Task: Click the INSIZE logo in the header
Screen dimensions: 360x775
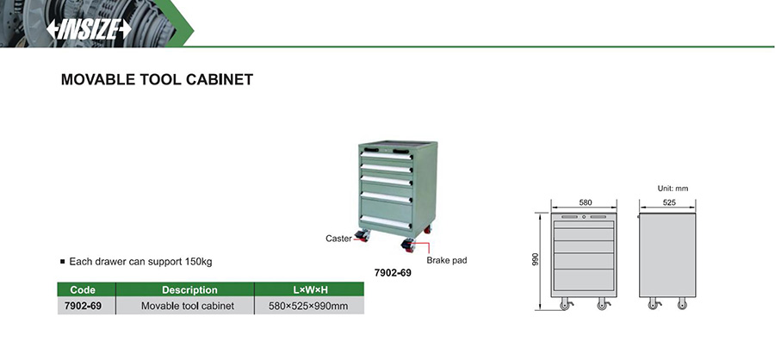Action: pyautogui.click(x=89, y=29)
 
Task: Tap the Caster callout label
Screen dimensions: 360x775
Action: pyautogui.click(x=338, y=239)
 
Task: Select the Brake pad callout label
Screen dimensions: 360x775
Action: pyautogui.click(x=446, y=259)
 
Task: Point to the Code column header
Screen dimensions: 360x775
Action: pyautogui.click(x=83, y=290)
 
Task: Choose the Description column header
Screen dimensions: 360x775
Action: pyautogui.click(x=189, y=290)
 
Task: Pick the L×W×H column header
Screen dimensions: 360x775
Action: pyautogui.click(x=307, y=290)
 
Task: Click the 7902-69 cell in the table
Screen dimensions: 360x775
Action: pyautogui.click(x=83, y=306)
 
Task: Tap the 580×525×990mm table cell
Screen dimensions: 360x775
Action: pyautogui.click(x=307, y=306)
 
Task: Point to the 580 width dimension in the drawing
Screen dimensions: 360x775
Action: pyautogui.click(x=585, y=202)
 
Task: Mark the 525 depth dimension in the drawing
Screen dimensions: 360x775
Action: pyautogui.click(x=669, y=202)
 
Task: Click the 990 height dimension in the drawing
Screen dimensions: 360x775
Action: pyautogui.click(x=535, y=259)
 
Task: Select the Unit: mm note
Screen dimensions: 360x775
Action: pyautogui.click(x=673, y=188)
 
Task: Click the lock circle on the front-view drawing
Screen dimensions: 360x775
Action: pyautogui.click(x=584, y=217)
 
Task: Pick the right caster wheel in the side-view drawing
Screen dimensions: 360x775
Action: pyautogui.click(x=683, y=304)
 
